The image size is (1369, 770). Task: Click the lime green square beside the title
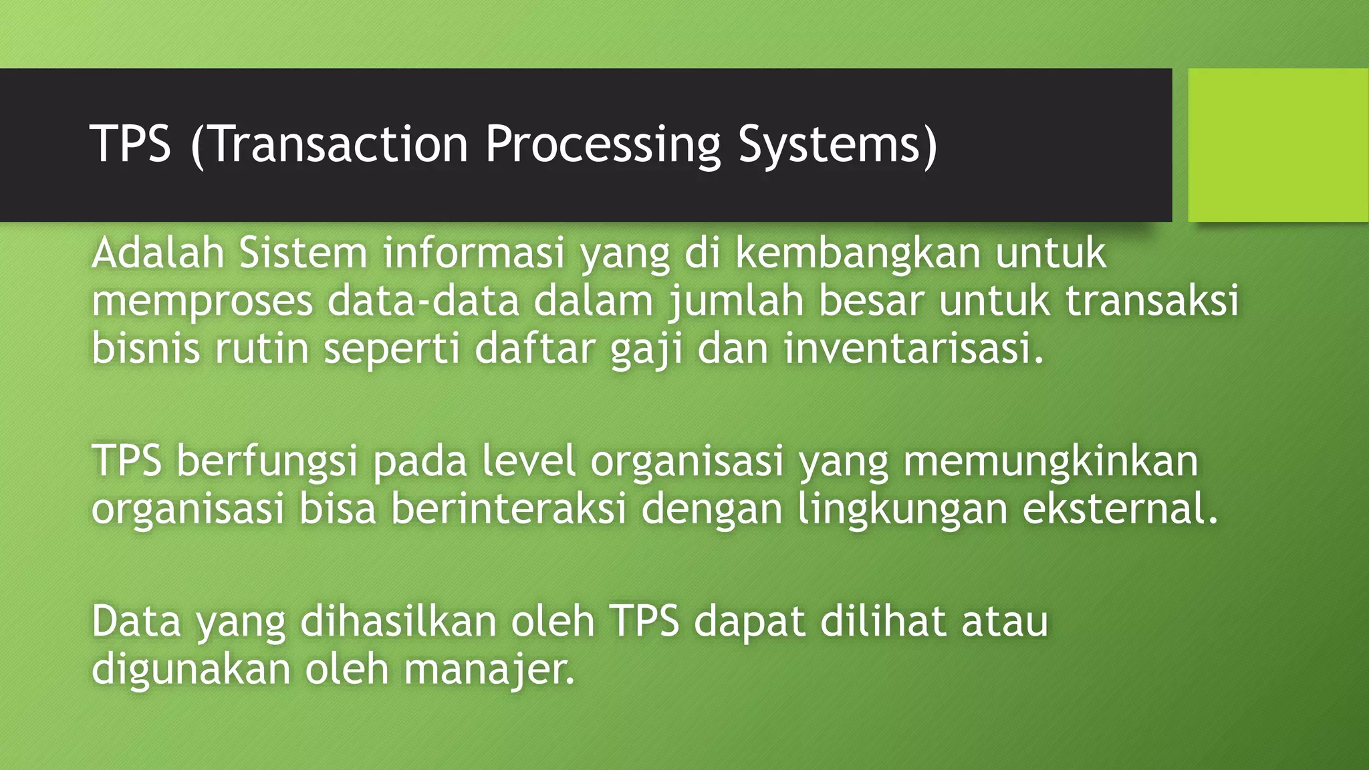pos(1277,144)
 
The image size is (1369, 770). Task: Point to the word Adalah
pos(157,253)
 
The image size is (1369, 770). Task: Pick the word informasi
pos(474,253)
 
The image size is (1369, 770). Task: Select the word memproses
pos(202,301)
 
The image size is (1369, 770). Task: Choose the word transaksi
pos(1152,301)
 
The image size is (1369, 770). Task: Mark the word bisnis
pos(146,348)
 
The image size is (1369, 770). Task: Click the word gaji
pos(646,350)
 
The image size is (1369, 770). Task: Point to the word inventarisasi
pos(913,348)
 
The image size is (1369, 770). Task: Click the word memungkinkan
pos(1051,462)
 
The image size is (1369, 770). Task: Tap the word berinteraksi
pos(508,509)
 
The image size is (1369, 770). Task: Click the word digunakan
pos(191,669)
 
